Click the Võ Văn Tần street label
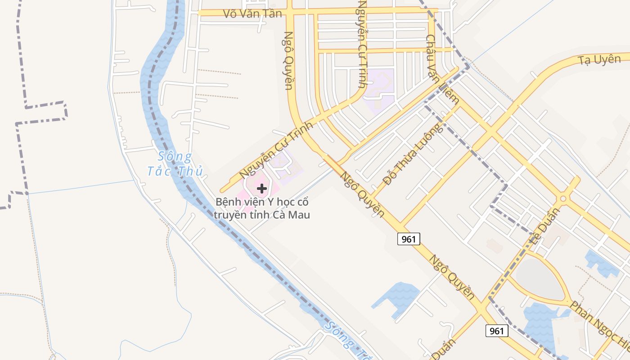252,13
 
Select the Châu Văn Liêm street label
442,69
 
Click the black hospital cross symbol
262,189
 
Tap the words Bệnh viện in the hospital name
237,202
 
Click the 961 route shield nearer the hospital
409,239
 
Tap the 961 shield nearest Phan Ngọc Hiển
497,331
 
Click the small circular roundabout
562,198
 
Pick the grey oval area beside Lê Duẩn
539,277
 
